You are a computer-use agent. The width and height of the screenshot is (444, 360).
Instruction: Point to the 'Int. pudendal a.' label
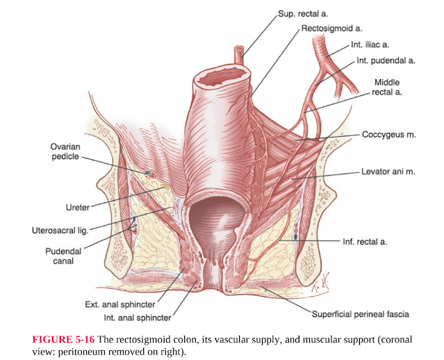coord(386,60)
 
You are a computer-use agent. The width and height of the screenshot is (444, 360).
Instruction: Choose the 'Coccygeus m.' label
coord(388,134)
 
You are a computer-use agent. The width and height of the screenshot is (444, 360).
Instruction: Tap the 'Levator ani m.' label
coord(388,172)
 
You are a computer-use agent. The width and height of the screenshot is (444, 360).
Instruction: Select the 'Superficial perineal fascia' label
coord(360,314)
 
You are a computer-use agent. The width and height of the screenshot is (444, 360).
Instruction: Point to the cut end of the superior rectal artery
coord(240,50)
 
